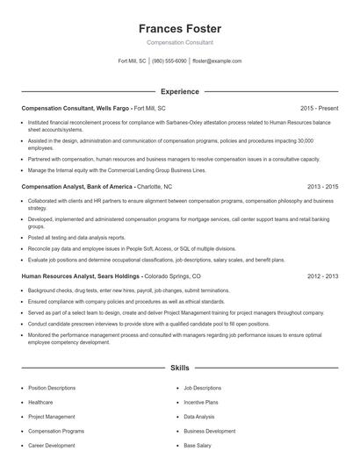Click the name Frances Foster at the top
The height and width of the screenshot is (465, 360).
tap(180, 28)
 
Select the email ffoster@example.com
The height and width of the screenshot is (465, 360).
tap(216, 61)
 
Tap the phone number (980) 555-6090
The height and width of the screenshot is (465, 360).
tap(169, 61)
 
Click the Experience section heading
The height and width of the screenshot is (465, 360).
tap(180, 91)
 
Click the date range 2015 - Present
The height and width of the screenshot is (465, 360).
tap(319, 108)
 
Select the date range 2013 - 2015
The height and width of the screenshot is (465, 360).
tap(322, 187)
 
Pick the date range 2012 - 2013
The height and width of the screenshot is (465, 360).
tap(322, 275)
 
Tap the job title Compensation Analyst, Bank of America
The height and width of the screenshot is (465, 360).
tap(76, 187)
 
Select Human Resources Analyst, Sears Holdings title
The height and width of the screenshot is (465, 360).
tap(78, 275)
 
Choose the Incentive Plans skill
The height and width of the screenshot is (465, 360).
tap(200, 402)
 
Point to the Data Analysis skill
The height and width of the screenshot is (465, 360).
tap(198, 417)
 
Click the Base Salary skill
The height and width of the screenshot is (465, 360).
tap(197, 446)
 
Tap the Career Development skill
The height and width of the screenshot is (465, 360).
tap(51, 446)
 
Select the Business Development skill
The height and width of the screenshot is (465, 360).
tap(209, 431)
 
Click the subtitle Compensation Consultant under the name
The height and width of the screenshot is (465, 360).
tap(180, 43)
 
